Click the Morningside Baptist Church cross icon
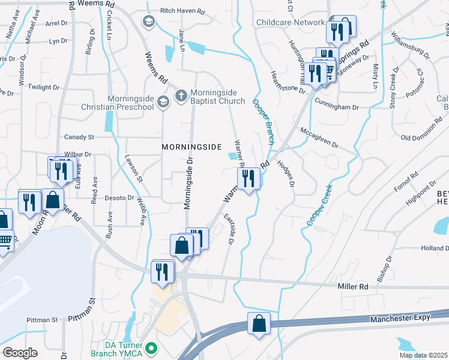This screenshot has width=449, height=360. [179, 95]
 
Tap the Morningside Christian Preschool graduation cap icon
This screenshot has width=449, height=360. [163, 103]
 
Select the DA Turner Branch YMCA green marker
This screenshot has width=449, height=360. [152, 347]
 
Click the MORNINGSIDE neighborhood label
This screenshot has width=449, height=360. [192, 147]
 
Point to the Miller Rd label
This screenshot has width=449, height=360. [353, 287]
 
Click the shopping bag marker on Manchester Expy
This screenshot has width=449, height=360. [259, 323]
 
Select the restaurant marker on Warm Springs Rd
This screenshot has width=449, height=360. [247, 178]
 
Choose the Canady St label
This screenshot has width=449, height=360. [79, 137]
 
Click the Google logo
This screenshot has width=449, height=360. [20, 353]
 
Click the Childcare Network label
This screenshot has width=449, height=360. [290, 23]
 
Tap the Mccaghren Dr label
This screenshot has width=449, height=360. [319, 137]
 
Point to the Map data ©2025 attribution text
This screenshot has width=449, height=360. [423, 355]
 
